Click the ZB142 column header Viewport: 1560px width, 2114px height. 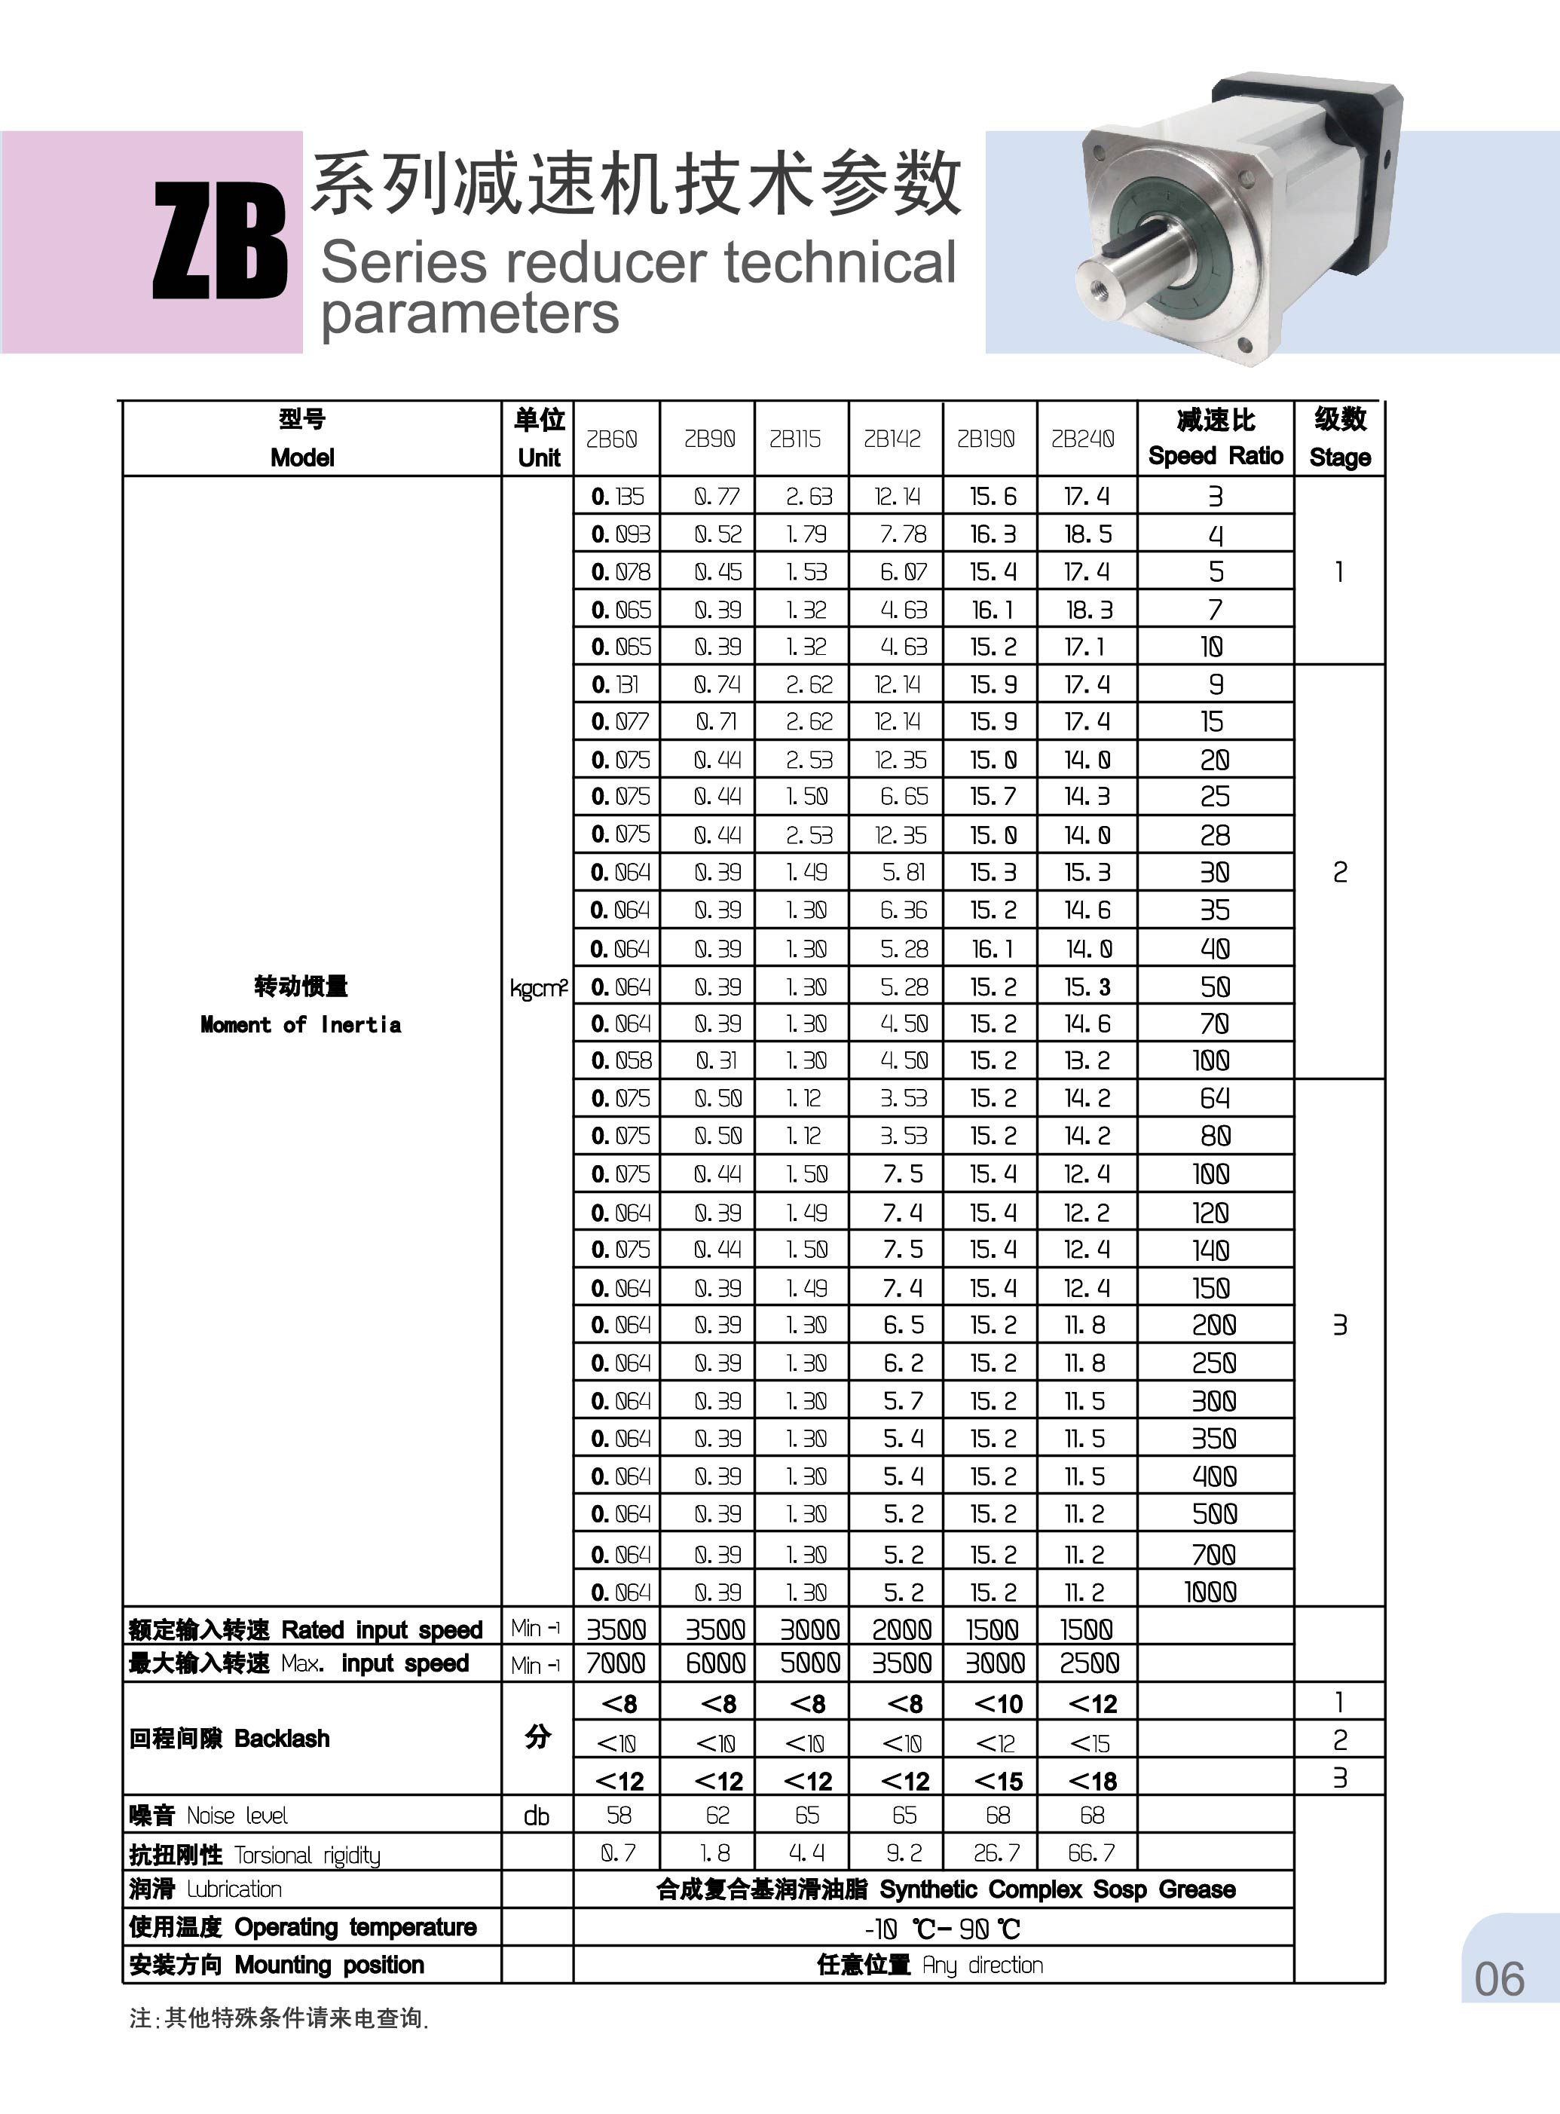(x=892, y=439)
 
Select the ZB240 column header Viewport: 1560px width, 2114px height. (x=1083, y=439)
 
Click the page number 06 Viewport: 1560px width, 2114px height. (x=1500, y=1980)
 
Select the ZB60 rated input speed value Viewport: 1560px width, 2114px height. (x=616, y=1629)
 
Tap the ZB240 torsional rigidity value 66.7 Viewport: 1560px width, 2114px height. (x=1090, y=1853)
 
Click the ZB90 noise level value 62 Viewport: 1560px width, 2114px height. (x=717, y=1816)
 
